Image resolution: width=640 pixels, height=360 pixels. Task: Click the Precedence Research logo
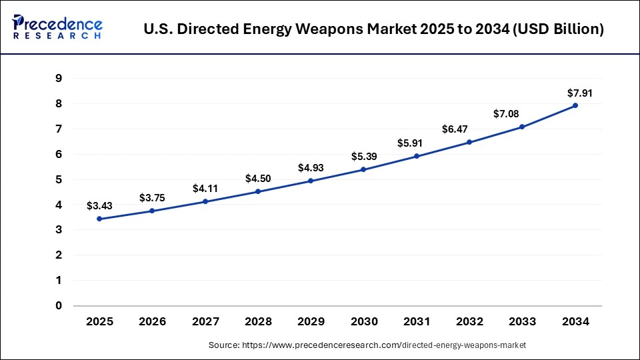point(57,27)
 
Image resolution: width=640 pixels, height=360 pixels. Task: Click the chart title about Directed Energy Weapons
point(373,29)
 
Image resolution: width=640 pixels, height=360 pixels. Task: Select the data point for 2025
point(99,219)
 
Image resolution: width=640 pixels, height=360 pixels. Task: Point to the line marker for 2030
point(363,169)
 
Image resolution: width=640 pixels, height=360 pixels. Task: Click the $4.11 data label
point(205,189)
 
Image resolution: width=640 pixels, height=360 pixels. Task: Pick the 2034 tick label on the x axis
point(575,321)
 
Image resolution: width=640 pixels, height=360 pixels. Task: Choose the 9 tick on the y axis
point(59,79)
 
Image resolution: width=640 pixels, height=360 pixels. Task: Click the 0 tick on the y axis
point(59,306)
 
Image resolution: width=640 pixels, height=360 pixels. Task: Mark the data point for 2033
point(522,127)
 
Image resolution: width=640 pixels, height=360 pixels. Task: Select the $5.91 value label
point(417,143)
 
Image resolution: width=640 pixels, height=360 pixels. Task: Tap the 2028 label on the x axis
point(258,321)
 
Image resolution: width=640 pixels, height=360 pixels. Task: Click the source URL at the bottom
point(367,345)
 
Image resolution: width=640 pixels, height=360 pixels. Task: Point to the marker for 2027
point(205,201)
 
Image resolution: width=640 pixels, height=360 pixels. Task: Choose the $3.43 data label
point(99,206)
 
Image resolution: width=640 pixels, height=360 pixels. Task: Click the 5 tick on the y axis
point(59,179)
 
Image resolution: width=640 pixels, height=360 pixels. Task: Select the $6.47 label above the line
point(469,129)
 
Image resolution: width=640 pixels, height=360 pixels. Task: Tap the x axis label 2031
point(417,321)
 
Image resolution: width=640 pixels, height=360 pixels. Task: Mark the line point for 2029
point(311,181)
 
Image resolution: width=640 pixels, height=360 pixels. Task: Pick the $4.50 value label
point(258,179)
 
